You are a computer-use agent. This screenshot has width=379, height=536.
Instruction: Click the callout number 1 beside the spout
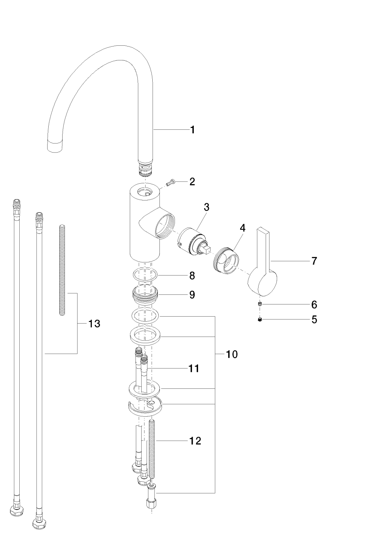pyautogui.click(x=192, y=129)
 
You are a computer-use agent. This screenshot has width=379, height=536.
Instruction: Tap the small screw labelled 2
pyautogui.click(x=170, y=183)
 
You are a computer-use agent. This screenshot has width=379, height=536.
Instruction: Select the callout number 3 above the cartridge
pyautogui.click(x=207, y=207)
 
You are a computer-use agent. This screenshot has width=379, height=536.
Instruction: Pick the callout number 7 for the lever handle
pyautogui.click(x=314, y=261)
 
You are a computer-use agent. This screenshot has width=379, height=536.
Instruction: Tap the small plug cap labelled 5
pyautogui.click(x=260, y=319)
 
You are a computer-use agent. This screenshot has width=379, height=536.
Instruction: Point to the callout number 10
pyautogui.click(x=232, y=354)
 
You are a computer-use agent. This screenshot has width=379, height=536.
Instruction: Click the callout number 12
pyautogui.click(x=195, y=441)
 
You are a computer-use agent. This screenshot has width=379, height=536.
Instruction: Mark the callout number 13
pyautogui.click(x=94, y=324)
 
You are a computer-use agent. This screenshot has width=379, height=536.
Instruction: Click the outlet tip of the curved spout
pyautogui.click(x=55, y=147)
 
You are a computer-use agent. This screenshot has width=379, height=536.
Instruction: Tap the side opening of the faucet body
pyautogui.click(x=165, y=225)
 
